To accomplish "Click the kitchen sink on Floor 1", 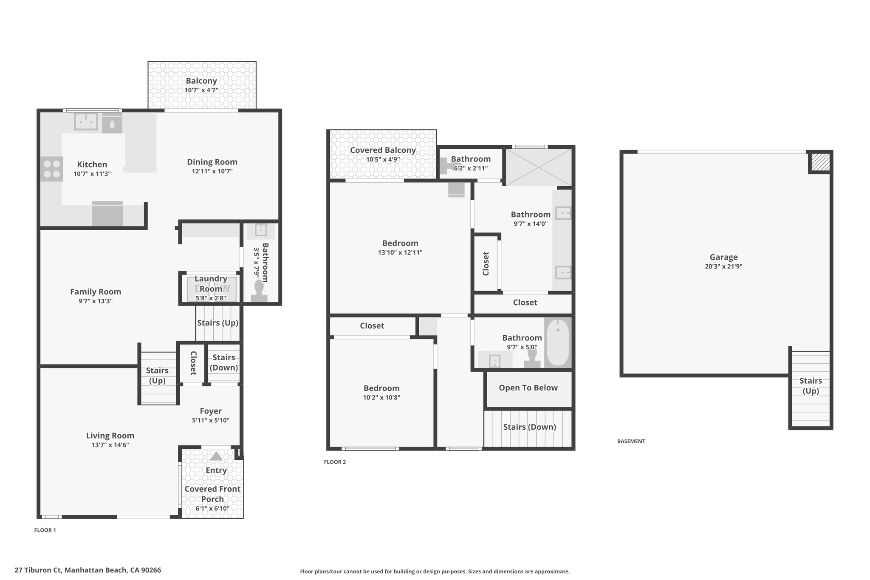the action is click(86, 121).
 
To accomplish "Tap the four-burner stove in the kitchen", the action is click(52, 169).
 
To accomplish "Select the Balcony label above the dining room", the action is click(201, 81).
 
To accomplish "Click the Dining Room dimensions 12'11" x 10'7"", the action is click(212, 171).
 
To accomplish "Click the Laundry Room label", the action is click(211, 284).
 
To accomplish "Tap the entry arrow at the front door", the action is click(216, 456).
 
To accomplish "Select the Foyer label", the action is click(211, 411).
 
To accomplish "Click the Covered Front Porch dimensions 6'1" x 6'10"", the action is click(212, 509).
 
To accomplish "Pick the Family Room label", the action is click(96, 291).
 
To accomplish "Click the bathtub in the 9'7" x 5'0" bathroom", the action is click(558, 343).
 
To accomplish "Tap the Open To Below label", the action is click(528, 388).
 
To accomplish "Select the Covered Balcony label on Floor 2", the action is click(383, 150).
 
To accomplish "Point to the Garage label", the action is click(723, 257).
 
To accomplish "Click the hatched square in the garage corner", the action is click(820, 162).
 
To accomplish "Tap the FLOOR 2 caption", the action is click(335, 462).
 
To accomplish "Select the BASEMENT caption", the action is click(631, 441).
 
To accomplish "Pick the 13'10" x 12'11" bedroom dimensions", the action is click(400, 252).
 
